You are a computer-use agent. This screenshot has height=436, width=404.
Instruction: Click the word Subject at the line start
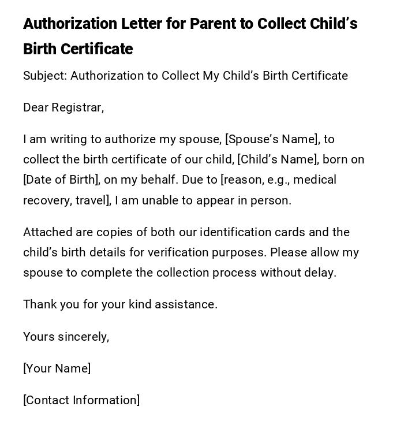pyautogui.click(x=44, y=76)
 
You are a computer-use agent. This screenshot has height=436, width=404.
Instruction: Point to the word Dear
pyautogui.click(x=36, y=107)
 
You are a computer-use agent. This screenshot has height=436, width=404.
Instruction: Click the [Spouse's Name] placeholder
pyautogui.click(x=272, y=139)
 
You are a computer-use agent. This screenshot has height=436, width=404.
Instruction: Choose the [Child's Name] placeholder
pyautogui.click(x=278, y=159)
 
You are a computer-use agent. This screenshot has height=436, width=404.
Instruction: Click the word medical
pyautogui.click(x=315, y=180)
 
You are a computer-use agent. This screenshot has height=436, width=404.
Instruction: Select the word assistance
pyautogui.click(x=189, y=304)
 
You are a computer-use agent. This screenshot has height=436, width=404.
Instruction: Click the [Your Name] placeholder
pyautogui.click(x=57, y=368)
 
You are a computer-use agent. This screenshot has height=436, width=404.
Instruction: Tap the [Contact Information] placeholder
pyautogui.click(x=81, y=400)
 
